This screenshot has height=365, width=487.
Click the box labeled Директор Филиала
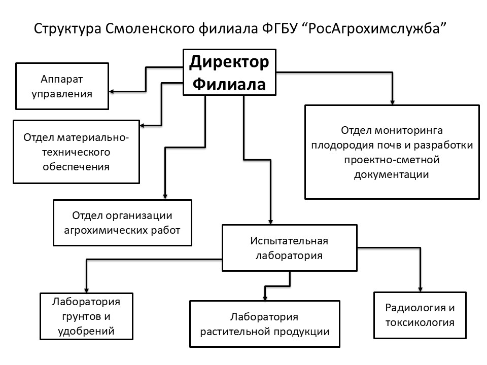pos(229,72)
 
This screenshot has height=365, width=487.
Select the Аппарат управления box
pos(62,86)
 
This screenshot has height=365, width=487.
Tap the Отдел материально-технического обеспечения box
pos(77,152)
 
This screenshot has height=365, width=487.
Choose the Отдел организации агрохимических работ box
pos(122,223)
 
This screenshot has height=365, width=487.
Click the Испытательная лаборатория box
pos(290,248)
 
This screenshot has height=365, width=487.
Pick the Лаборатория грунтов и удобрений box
pos(86,316)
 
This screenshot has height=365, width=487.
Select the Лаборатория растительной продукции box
pos(265,324)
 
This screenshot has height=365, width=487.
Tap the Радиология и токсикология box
pos(420,315)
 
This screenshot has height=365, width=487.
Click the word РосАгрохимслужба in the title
pos(374,28)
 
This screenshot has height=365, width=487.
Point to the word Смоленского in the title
pos(150,29)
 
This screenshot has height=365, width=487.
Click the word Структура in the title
pos(67,29)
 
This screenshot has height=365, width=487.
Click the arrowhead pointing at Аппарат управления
pos(112,92)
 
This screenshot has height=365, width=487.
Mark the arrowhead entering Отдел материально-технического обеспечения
pos(142,126)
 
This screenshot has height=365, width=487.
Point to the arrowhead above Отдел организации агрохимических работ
pos(165,197)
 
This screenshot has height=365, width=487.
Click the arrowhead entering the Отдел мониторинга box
pos(393,102)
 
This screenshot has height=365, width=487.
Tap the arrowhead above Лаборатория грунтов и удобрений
pos(87,290)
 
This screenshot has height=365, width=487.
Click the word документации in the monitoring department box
pos(391,175)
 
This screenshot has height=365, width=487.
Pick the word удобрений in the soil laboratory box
pos(86,331)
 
